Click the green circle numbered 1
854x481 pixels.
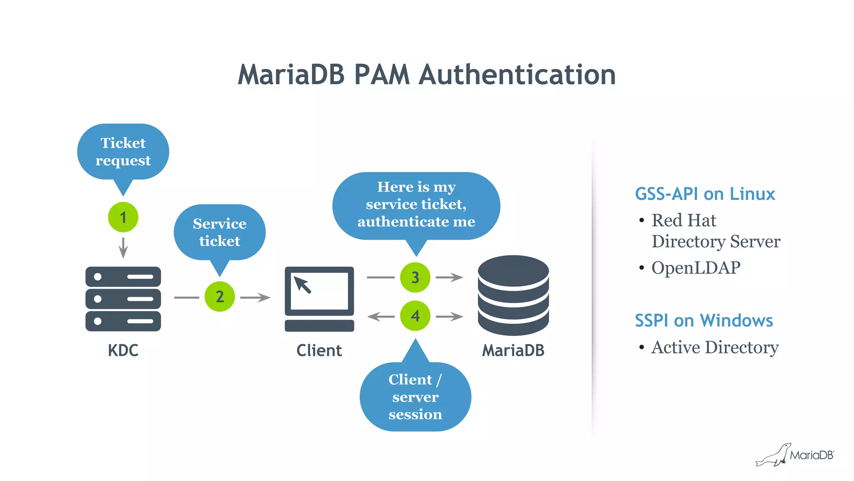click(x=123, y=217)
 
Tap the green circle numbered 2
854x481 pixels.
click(x=220, y=296)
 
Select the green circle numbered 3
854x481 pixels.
click(x=415, y=277)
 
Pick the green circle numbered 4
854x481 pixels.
click(x=415, y=316)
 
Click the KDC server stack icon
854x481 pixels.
click(x=123, y=299)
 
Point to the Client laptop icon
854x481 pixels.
click(x=319, y=299)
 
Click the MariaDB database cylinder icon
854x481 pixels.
click(x=513, y=295)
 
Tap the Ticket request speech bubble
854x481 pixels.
click(x=123, y=152)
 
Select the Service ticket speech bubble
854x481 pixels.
click(x=220, y=232)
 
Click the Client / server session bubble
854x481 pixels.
click(x=415, y=397)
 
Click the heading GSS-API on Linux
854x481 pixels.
click(x=705, y=194)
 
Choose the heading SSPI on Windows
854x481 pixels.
click(x=703, y=320)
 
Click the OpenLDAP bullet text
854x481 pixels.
click(x=696, y=268)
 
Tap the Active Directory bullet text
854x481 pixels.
click(x=715, y=347)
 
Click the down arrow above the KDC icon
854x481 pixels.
click(x=123, y=248)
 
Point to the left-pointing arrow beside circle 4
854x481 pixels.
click(x=380, y=317)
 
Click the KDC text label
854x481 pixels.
click(x=123, y=350)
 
